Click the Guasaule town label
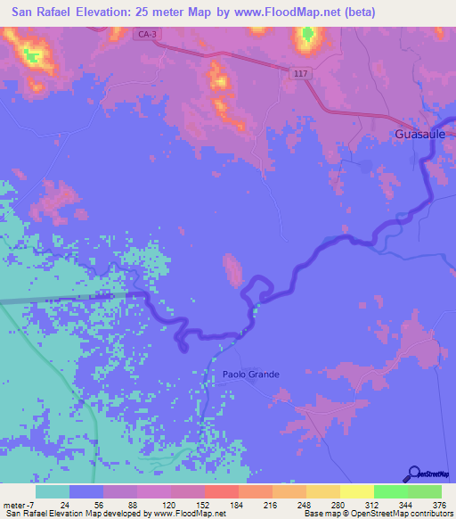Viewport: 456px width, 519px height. (x=420, y=135)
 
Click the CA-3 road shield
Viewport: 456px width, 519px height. (x=149, y=33)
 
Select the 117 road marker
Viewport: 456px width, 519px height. (x=303, y=74)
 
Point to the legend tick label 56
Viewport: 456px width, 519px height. (x=102, y=505)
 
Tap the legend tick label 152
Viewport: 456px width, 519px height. (x=204, y=505)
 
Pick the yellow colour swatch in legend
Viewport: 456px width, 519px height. (x=356, y=491)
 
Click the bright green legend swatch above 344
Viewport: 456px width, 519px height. (x=390, y=491)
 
